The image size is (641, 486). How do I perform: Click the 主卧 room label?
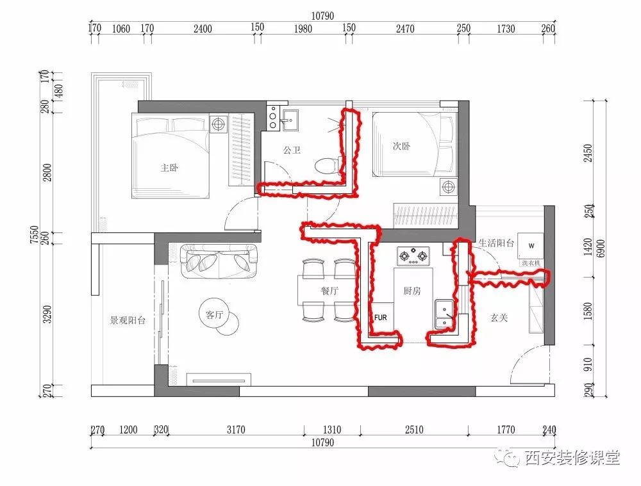[169, 168]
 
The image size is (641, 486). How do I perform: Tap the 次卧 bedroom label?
[401, 146]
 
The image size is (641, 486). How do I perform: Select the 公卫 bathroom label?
[292, 150]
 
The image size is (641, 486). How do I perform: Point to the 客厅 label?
[214, 314]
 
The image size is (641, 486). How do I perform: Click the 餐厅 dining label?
[329, 290]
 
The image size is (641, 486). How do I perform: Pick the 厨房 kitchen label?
[412, 290]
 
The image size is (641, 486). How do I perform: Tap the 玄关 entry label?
[499, 318]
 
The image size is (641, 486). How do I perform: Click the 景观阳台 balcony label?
[128, 320]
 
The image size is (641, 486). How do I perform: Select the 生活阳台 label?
[496, 243]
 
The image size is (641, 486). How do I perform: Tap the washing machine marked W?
[531, 246]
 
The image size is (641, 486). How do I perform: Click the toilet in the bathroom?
[326, 165]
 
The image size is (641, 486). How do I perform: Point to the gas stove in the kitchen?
[413, 256]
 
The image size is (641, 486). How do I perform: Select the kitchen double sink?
[444, 314]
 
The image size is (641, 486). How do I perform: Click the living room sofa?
[219, 261]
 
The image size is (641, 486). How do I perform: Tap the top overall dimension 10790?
[322, 16]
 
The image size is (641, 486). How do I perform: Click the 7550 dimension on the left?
[35, 234]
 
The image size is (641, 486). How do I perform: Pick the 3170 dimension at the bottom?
[236, 430]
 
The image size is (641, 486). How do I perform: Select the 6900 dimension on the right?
[601, 248]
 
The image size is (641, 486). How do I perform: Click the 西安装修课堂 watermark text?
[572, 458]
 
